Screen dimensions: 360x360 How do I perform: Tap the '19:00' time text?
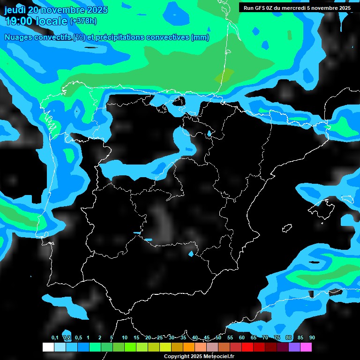coord(18,21)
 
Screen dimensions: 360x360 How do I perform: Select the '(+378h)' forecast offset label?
coord(83,21)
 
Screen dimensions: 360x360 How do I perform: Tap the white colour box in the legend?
coord(48,347)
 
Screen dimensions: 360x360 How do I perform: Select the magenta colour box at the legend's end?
coord(306,347)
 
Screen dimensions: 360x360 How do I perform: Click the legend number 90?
coord(312,337)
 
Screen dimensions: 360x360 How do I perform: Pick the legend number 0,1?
coord(55,337)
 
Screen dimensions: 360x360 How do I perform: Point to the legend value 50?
coord(218,337)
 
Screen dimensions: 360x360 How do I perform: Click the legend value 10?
coord(124,337)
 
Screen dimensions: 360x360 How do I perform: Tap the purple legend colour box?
coord(294,347)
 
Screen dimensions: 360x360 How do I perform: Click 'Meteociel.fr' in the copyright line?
coord(221,356)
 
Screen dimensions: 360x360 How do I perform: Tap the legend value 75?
coord(277,337)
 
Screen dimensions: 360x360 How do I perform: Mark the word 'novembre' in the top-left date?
coord(66,10)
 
